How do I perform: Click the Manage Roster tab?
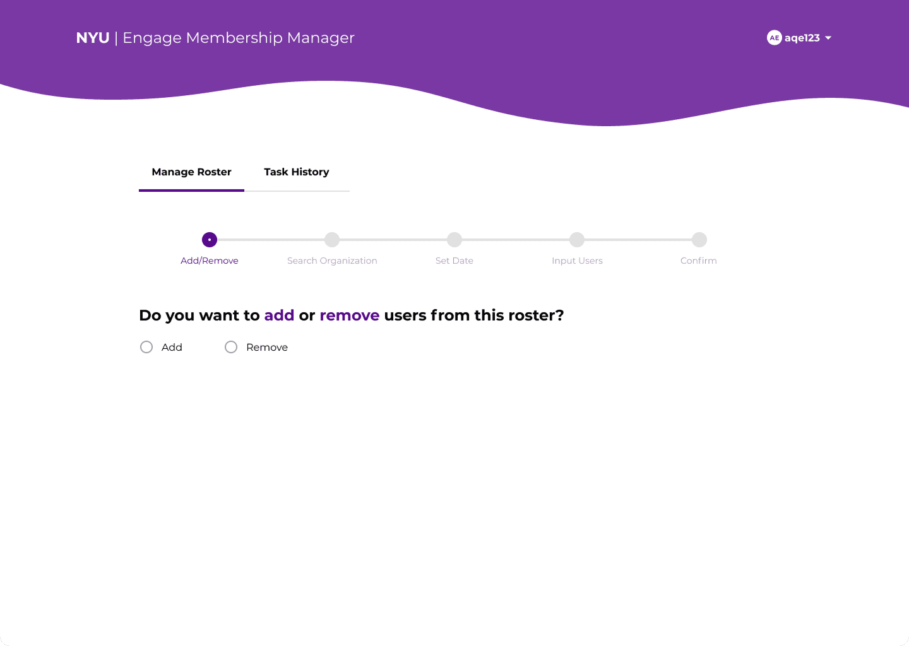(x=191, y=172)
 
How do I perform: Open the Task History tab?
(x=297, y=172)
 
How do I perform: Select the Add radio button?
(x=146, y=347)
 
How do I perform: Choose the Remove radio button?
(x=231, y=347)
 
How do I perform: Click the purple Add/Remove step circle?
(x=210, y=240)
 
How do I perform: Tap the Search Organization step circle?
(x=332, y=240)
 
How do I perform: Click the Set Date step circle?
(x=454, y=240)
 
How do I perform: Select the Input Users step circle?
(x=577, y=240)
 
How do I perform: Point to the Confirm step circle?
(x=699, y=240)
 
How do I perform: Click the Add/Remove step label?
(x=210, y=261)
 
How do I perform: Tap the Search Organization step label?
(x=332, y=261)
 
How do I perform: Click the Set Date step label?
(x=454, y=261)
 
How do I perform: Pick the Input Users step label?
(x=577, y=261)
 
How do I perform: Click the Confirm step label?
(x=698, y=261)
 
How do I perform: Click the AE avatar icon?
(x=775, y=38)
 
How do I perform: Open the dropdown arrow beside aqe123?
(x=828, y=38)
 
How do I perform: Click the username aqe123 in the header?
(x=802, y=38)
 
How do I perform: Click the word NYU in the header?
(x=93, y=38)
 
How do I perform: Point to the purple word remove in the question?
(x=349, y=315)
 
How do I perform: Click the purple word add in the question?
(x=279, y=315)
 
